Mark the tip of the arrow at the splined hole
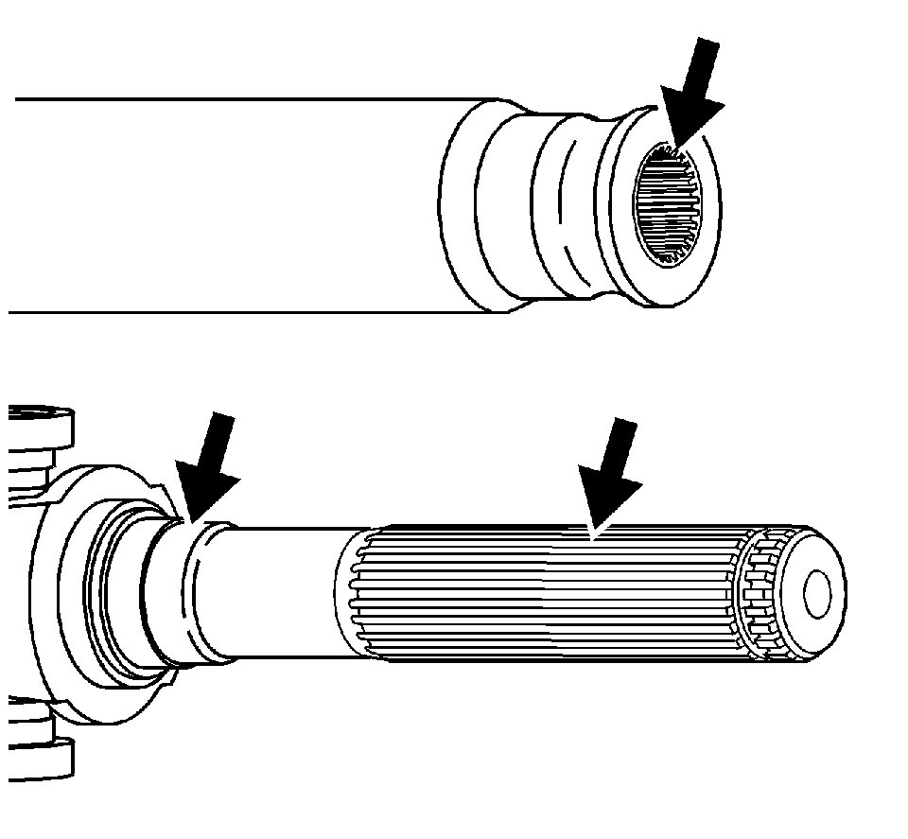pos(672,149)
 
